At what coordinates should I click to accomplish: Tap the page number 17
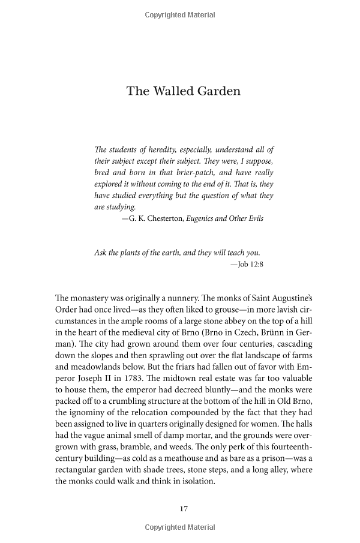pyautogui.click(x=184, y=509)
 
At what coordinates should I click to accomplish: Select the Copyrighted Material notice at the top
pyautogui.click(x=180, y=14)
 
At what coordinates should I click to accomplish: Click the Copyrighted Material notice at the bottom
pyautogui.click(x=180, y=528)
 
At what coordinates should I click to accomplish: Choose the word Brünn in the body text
pyautogui.click(x=280, y=332)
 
